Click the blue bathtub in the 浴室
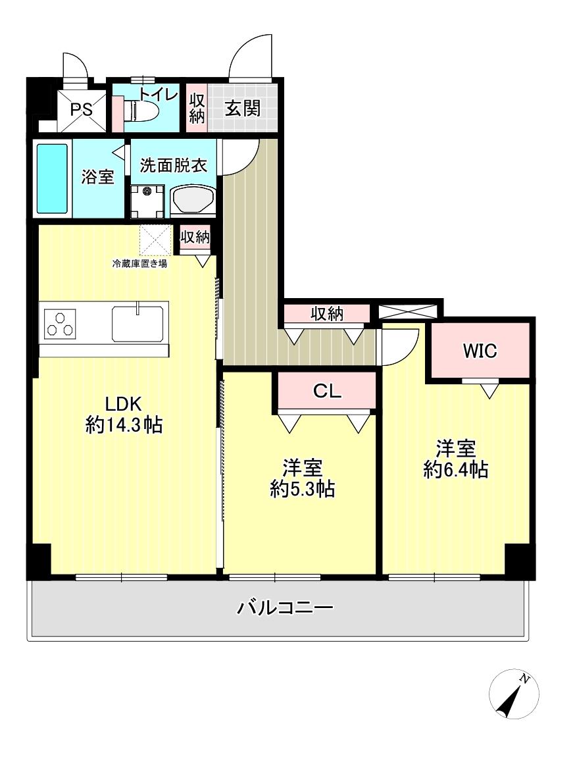[x=53, y=178]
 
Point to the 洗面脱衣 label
[x=174, y=165]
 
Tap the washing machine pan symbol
[x=147, y=201]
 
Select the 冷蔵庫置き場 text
[x=139, y=264]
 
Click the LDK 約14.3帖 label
[x=124, y=415]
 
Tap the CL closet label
[x=327, y=392]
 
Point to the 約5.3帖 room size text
[x=302, y=489]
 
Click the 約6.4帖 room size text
[x=455, y=470]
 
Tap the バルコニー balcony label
[x=285, y=607]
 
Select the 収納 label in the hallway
[x=327, y=314]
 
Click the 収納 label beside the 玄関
[x=197, y=109]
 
